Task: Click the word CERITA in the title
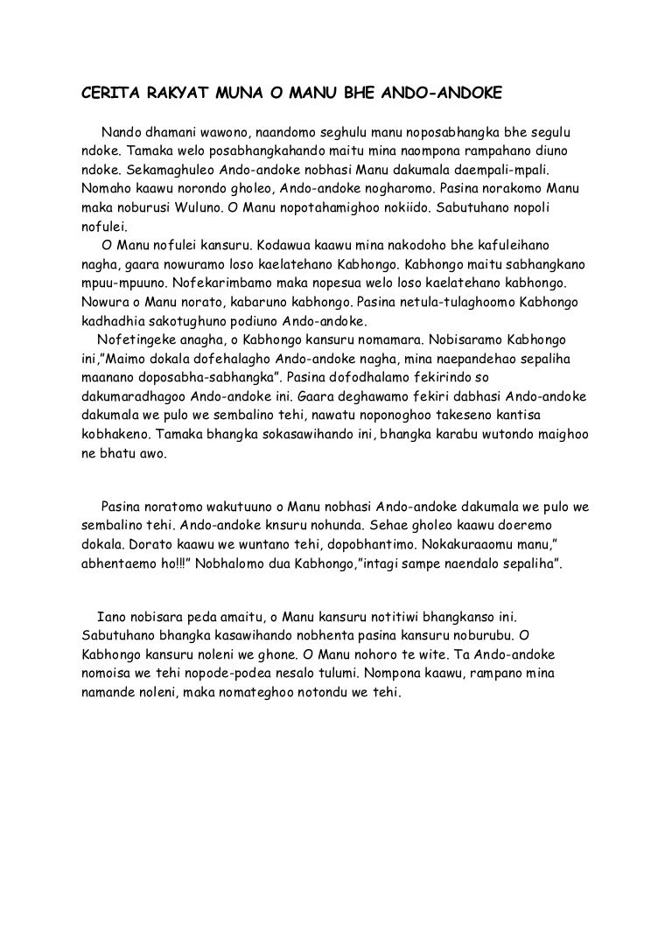pyautogui.click(x=96, y=92)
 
